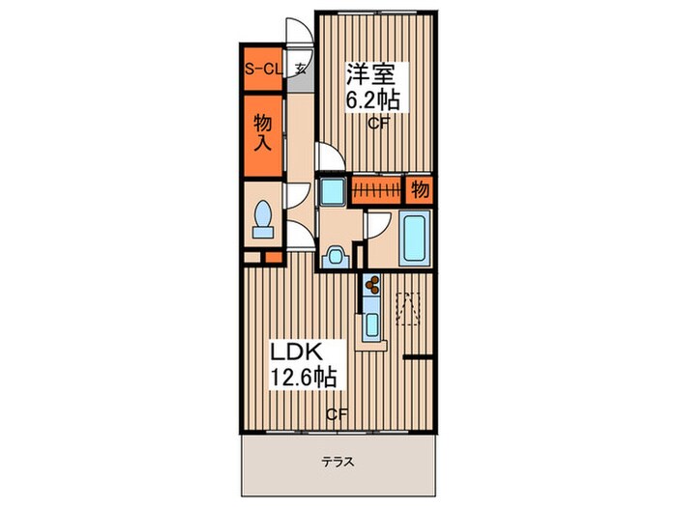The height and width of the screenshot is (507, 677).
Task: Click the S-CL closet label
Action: click(x=263, y=69)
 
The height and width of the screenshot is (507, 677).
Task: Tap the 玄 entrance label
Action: click(x=300, y=69)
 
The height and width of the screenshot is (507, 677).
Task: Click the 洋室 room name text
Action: click(x=370, y=74)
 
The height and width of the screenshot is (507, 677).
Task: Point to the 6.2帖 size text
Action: click(x=372, y=100)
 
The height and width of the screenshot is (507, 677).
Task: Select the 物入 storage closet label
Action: click(x=262, y=132)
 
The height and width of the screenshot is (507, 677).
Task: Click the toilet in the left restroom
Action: click(x=262, y=219)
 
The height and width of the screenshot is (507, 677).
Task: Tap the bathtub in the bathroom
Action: click(x=415, y=239)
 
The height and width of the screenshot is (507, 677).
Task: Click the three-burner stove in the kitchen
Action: click(x=371, y=285)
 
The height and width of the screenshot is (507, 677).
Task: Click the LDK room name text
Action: click(x=296, y=352)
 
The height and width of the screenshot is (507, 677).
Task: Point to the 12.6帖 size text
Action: click(x=303, y=378)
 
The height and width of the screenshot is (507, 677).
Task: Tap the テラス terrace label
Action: click(x=338, y=463)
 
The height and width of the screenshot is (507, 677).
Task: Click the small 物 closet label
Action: click(x=420, y=189)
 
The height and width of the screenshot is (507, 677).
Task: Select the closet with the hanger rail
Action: click(x=376, y=189)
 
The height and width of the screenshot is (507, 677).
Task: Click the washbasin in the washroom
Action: click(x=335, y=258)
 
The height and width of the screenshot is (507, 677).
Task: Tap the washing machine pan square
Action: click(x=333, y=189)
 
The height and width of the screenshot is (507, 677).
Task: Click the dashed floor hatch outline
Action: click(x=407, y=309)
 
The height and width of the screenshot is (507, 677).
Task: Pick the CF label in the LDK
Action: click(x=337, y=414)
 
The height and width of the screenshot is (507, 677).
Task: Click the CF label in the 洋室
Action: click(x=379, y=124)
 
